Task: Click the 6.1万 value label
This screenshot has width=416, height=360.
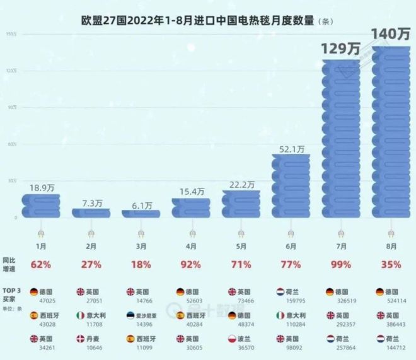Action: [141, 205]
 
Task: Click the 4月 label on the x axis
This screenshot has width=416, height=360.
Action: [191, 247]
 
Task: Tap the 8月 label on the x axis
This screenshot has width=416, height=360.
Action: [390, 247]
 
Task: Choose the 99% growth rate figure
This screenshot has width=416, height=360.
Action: [341, 265]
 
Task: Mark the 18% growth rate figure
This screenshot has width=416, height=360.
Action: [141, 265]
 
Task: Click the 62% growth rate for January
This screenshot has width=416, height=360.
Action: [42, 265]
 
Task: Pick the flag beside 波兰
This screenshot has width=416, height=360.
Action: [231, 337]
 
